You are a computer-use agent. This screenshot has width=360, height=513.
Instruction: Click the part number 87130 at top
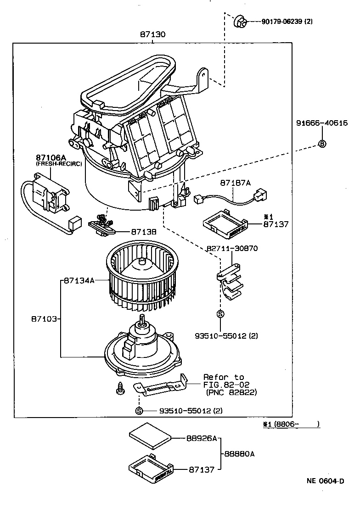(x=153, y=34)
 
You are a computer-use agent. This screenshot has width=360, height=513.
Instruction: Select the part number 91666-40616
(x=321, y=123)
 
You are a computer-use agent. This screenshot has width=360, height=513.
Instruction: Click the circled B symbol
(x=322, y=144)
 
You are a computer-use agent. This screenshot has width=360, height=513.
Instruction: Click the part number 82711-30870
(x=231, y=248)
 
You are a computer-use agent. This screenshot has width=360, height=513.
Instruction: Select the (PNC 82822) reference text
(x=231, y=393)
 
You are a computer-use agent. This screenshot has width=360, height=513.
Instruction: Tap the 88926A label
(x=201, y=438)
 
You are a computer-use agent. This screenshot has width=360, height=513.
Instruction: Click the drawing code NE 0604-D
(x=325, y=481)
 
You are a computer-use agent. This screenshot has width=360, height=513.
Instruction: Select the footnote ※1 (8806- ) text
(x=291, y=424)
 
